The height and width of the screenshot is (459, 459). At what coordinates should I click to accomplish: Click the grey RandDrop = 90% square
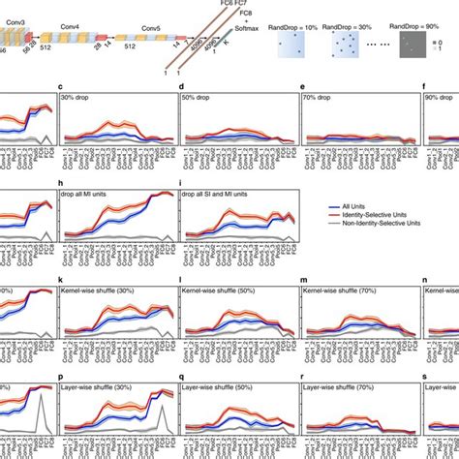tap(415, 45)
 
